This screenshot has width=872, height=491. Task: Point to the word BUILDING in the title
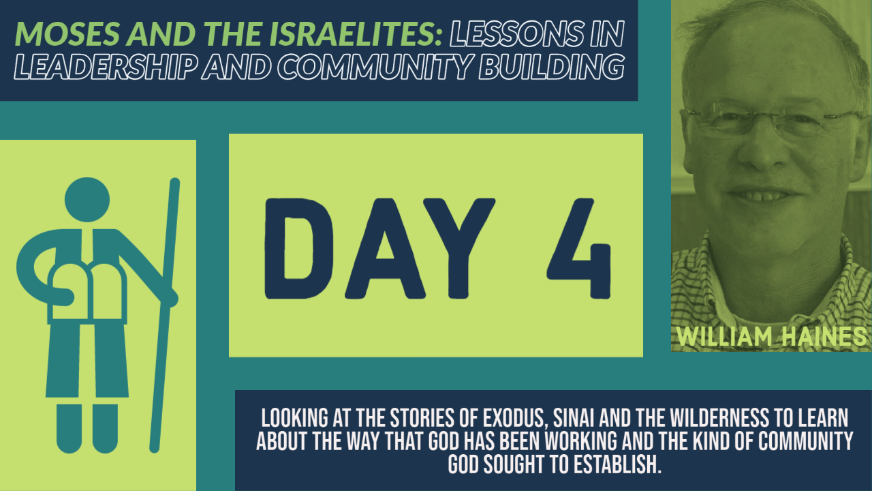click(x=552, y=66)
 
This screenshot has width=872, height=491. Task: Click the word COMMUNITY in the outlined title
click(x=375, y=66)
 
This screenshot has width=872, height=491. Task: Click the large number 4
click(x=579, y=249)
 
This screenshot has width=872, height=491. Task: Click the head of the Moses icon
click(x=87, y=200)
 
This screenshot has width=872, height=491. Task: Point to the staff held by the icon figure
click(x=165, y=315)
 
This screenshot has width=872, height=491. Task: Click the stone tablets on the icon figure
click(x=87, y=293)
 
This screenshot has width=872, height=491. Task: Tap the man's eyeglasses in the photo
click(x=773, y=120)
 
